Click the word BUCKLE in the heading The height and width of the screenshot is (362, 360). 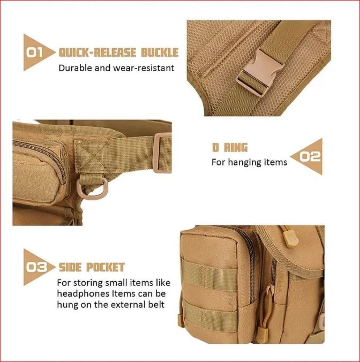[x=160, y=52]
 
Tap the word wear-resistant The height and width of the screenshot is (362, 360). [x=144, y=68]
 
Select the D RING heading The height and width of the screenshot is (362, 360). [x=230, y=148]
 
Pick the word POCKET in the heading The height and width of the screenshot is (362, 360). [x=105, y=268]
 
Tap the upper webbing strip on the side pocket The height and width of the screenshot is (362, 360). [x=209, y=275]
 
